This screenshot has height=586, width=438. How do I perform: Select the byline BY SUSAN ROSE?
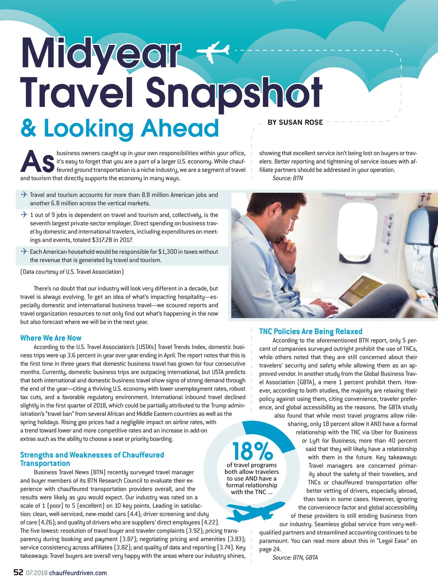point(295,123)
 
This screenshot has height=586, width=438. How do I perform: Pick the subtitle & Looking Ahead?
point(120,128)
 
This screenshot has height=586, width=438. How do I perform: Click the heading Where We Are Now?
point(51,338)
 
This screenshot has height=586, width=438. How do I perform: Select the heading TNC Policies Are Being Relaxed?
point(311,331)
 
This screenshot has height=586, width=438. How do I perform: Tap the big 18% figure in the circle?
point(252,451)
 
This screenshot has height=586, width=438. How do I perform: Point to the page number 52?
point(18,572)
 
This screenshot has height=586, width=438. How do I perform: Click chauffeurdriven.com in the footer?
point(78,573)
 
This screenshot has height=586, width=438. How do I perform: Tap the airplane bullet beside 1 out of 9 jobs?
point(24,215)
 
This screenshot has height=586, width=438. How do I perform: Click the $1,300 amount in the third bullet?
point(168,252)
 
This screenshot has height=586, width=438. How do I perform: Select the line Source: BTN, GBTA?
point(295,558)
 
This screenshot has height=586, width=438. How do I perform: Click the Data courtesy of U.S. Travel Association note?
point(72,272)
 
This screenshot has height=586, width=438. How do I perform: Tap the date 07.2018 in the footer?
point(36,573)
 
